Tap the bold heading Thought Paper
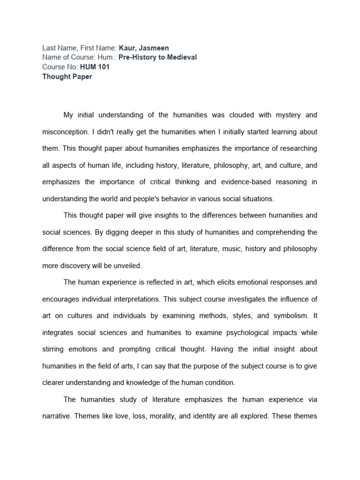tap(67, 77)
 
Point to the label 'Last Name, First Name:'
tap(79, 48)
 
